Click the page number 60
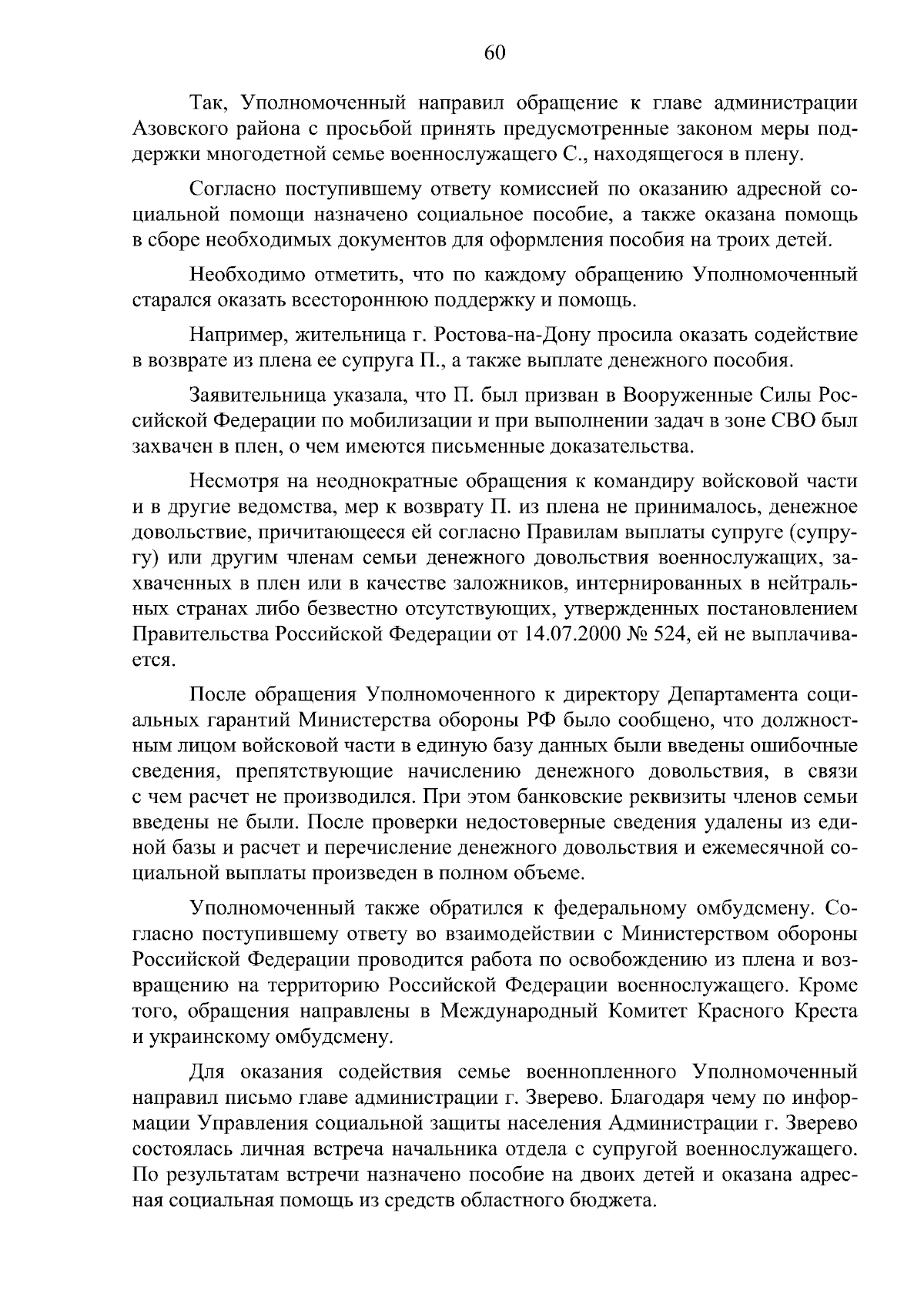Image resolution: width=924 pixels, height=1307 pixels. pyautogui.click(x=494, y=52)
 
